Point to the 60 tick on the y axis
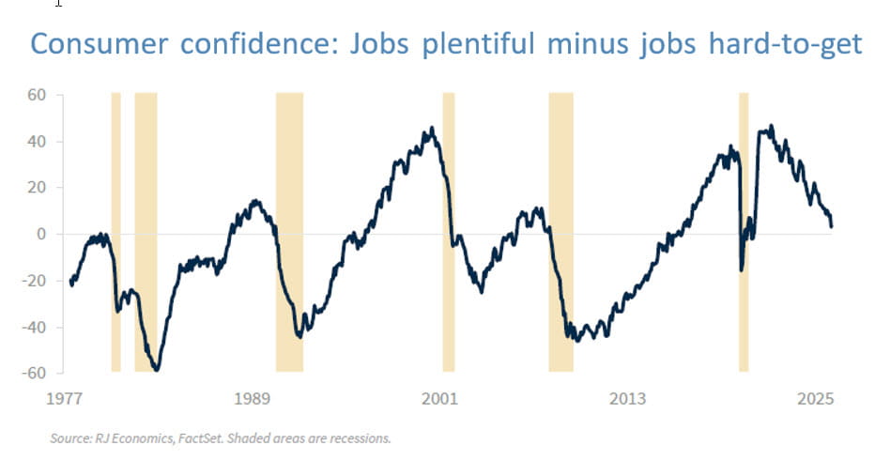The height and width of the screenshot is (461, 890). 37,96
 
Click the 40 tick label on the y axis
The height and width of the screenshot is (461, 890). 37,142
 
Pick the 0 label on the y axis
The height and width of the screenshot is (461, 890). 42,234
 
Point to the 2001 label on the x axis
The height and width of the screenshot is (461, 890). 439,399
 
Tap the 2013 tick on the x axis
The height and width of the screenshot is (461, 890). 627,399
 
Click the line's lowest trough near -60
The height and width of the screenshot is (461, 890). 156,370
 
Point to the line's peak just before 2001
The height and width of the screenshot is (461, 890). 432,129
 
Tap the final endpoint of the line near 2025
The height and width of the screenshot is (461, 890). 832,226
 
